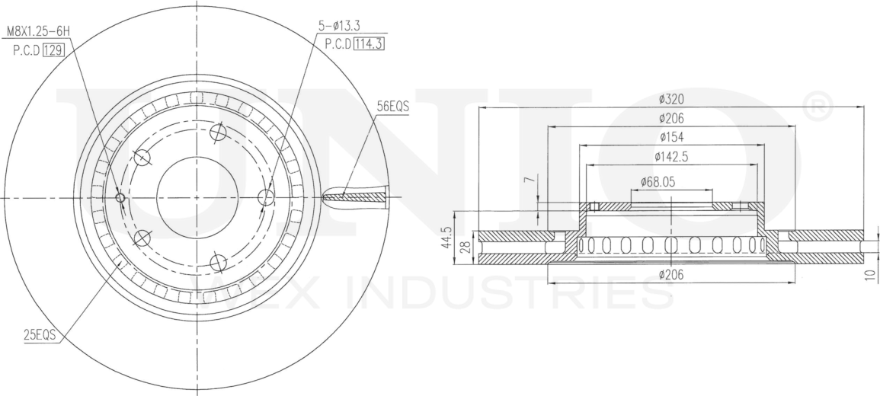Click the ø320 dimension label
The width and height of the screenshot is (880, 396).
(671, 99)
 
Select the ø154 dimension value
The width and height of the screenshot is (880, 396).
(671, 137)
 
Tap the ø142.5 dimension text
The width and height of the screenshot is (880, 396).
(670, 156)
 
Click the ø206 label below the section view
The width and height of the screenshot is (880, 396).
(671, 274)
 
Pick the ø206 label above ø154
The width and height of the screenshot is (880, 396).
(671, 118)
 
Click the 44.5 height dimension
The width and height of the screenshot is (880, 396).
(446, 238)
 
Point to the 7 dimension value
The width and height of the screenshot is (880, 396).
(527, 180)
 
